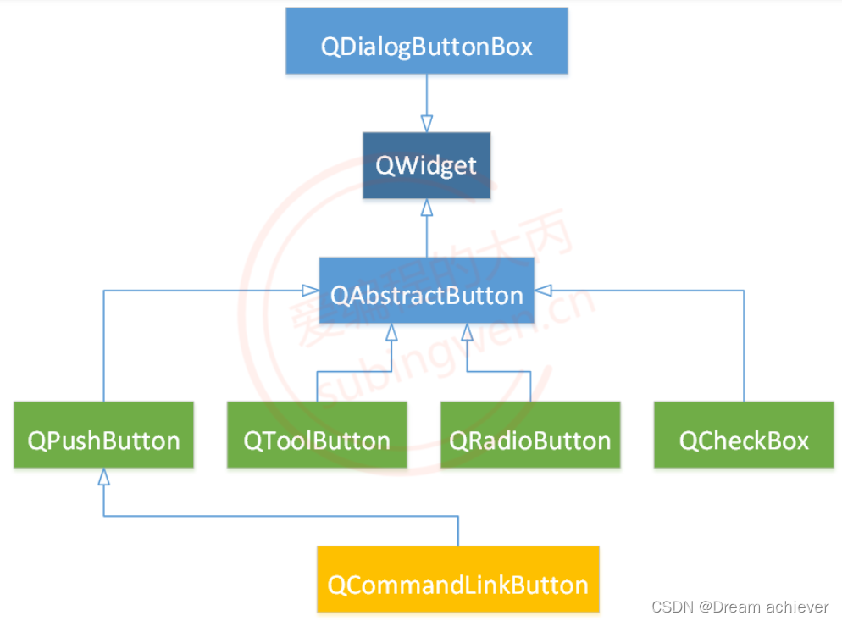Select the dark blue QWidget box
point(426,164)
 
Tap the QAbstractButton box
point(426,294)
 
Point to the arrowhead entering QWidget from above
point(426,124)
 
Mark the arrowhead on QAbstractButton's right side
point(543,291)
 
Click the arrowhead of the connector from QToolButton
point(391,330)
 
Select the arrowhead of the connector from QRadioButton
point(467,330)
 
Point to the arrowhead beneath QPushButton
point(103,477)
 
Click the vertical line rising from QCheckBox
point(744,347)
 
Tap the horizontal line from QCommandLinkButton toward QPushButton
point(280,515)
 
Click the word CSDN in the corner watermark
point(668,607)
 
